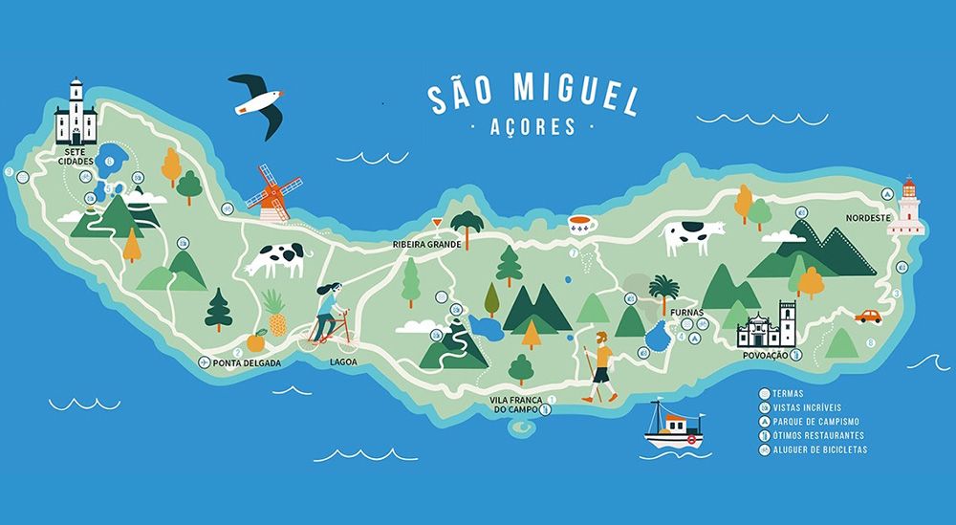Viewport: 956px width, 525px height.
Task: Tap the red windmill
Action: (x=273, y=193)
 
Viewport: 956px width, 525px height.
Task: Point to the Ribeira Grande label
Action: (x=427, y=245)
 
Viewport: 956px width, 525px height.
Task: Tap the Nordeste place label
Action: (x=868, y=218)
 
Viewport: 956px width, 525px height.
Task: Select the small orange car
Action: (x=868, y=316)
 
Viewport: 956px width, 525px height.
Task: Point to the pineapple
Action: (x=277, y=313)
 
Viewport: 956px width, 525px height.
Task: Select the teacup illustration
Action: (x=582, y=226)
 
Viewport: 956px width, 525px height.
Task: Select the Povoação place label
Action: (x=763, y=355)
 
